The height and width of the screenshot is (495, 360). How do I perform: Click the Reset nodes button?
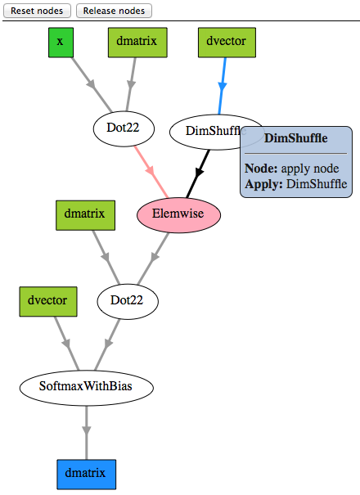tap(38, 11)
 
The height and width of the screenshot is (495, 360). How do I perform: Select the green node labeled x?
tap(60, 42)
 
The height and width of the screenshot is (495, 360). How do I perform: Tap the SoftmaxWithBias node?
tap(86, 386)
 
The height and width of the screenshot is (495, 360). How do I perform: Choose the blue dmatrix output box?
tap(86, 475)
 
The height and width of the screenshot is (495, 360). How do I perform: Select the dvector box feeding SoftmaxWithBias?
tap(49, 301)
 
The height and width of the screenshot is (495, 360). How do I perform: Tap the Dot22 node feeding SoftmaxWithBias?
tap(128, 300)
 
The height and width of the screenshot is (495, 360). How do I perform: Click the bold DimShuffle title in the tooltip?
tap(296, 139)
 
